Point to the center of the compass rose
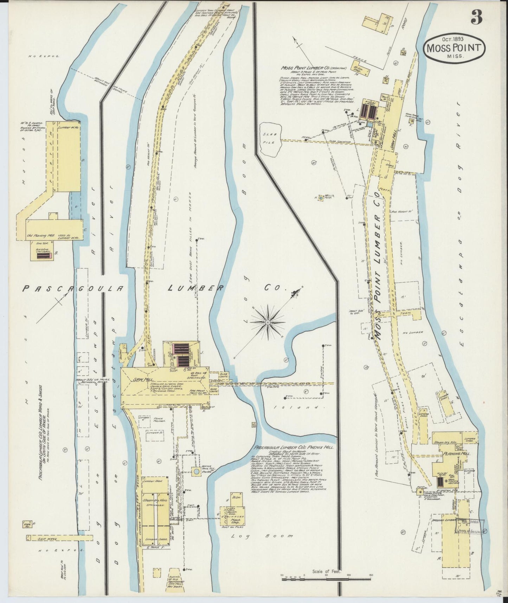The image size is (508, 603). (268, 322)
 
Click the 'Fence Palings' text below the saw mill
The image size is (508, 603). (159, 420)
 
